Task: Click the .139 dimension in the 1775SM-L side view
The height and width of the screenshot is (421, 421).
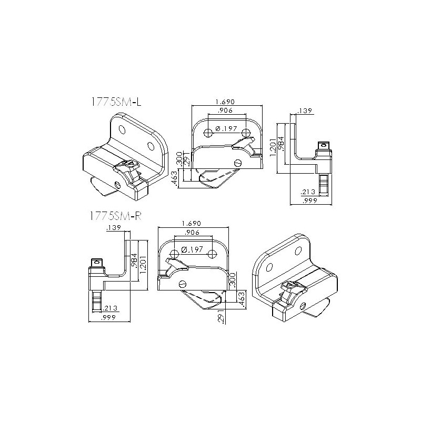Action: click(x=305, y=111)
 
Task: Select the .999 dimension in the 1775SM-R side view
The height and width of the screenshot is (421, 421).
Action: click(x=109, y=318)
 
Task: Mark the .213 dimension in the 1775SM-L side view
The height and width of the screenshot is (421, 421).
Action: click(x=308, y=192)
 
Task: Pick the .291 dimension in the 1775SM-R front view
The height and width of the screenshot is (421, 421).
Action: click(x=222, y=316)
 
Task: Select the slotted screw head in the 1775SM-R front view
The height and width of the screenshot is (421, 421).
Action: click(x=182, y=284)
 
